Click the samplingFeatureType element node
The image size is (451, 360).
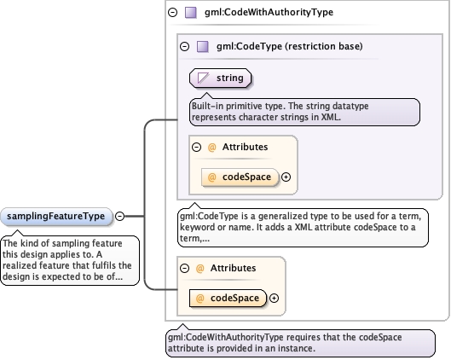[x=55, y=217]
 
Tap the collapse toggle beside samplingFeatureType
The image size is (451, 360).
[x=119, y=216]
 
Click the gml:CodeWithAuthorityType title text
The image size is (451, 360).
[x=269, y=13]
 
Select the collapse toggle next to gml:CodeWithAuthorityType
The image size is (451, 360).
[x=172, y=13]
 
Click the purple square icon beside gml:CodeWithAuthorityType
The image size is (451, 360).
[x=190, y=13]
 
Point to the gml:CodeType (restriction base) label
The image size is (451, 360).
[x=289, y=46]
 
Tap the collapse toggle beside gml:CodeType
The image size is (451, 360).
[x=185, y=46]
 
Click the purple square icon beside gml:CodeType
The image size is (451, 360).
[x=203, y=46]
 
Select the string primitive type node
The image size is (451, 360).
[x=220, y=78]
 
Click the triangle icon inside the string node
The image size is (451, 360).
[x=203, y=78]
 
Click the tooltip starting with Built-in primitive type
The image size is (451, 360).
[x=304, y=112]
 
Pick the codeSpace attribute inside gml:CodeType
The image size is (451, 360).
[x=240, y=177]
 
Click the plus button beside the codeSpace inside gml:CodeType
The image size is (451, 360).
[x=286, y=177]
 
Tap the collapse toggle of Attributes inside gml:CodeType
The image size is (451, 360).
[x=196, y=148]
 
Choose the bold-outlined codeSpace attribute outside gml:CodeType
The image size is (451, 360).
[x=228, y=298]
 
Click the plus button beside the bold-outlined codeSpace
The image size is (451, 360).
[x=274, y=298]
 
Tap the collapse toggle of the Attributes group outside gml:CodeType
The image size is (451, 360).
[x=184, y=269]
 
